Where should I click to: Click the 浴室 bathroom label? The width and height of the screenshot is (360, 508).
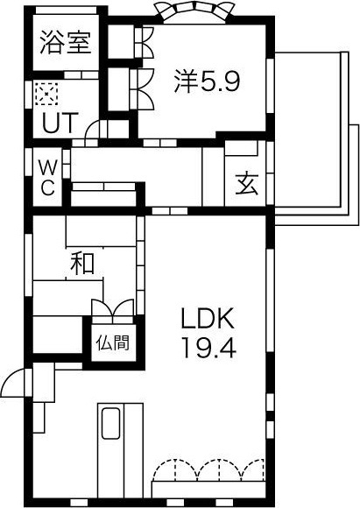pyautogui.click(x=66, y=42)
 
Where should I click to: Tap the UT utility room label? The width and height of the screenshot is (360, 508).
pyautogui.click(x=60, y=123)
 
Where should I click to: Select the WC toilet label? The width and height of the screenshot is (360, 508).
pyautogui.click(x=47, y=178)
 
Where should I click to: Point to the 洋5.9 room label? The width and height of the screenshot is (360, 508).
pyautogui.click(x=207, y=81)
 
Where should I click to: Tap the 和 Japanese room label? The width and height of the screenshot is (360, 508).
pyautogui.click(x=82, y=263)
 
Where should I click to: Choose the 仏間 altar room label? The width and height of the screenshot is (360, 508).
pyautogui.click(x=113, y=342)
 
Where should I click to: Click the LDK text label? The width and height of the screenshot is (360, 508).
pyautogui.click(x=208, y=319)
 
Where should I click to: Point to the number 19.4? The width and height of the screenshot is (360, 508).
pyautogui.click(x=208, y=348)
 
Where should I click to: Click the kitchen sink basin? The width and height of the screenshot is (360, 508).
pyautogui.click(x=111, y=423)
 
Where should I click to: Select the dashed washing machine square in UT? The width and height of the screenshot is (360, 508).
pyautogui.click(x=46, y=94)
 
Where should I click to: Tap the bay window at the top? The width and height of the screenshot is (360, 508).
pyautogui.click(x=194, y=11)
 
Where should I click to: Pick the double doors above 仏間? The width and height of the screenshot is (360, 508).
pyautogui.click(x=113, y=307)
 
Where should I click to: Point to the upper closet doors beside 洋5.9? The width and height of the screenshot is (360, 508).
pyautogui.click(x=144, y=42)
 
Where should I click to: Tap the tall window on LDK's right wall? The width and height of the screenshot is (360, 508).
pyautogui.click(x=270, y=300)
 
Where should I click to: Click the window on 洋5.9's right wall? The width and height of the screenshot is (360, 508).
pyautogui.click(x=270, y=86)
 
